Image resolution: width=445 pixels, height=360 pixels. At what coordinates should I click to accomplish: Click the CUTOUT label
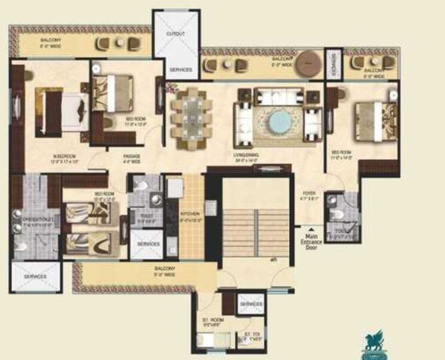tap(175, 34)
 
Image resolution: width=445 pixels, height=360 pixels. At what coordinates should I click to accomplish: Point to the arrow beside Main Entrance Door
tap(311, 227)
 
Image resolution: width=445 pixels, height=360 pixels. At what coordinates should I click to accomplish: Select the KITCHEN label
tap(190, 213)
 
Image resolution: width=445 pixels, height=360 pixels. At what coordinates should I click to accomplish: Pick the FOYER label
tap(310, 192)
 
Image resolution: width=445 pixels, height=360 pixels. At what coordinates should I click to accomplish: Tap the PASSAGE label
tap(132, 157)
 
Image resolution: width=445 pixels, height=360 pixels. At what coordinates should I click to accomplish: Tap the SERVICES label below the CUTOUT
tap(181, 70)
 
